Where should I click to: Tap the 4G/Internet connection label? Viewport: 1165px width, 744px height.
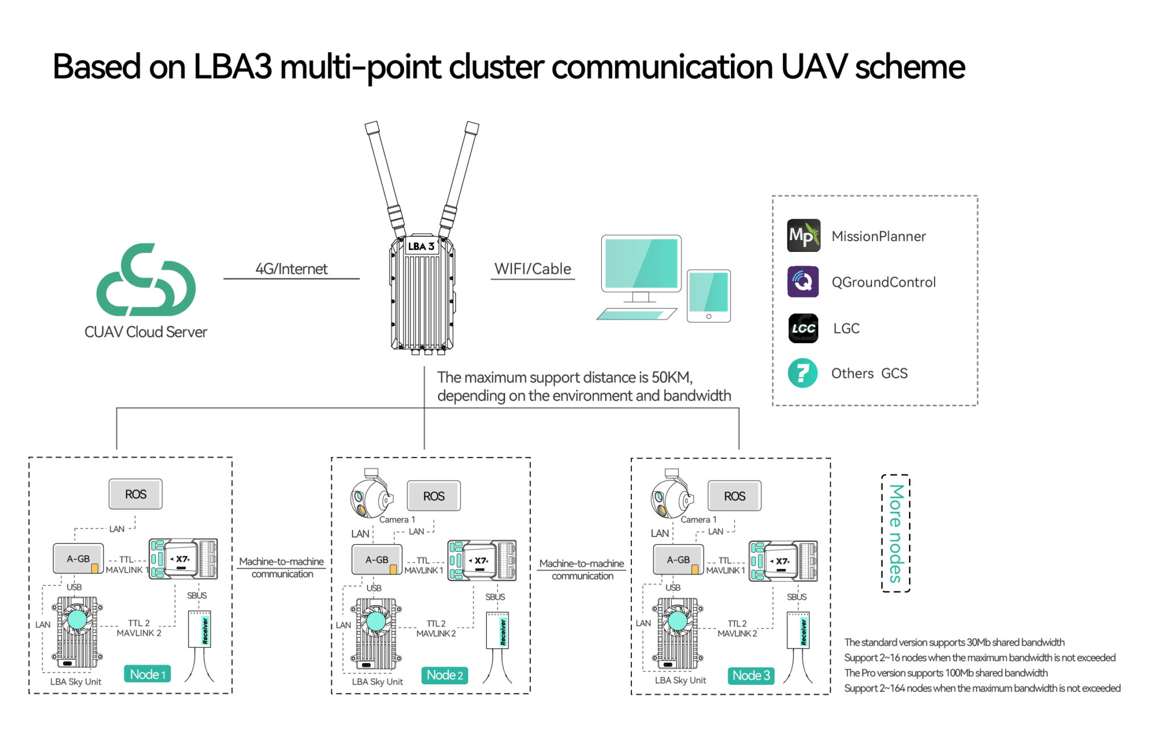[x=291, y=268]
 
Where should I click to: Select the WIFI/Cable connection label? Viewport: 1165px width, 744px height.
[x=532, y=268]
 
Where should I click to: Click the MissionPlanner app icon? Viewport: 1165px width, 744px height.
[x=803, y=235]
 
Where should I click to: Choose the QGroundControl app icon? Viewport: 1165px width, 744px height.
[x=803, y=282]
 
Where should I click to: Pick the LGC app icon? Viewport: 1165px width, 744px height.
[x=803, y=328]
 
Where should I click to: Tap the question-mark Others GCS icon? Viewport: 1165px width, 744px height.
[x=803, y=373]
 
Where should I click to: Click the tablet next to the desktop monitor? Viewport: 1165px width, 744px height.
[x=708, y=296]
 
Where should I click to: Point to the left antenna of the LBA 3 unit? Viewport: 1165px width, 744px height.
[x=386, y=176]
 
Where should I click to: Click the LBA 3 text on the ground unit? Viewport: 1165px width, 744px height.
[x=421, y=246]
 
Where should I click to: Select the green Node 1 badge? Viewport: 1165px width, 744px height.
[x=147, y=675]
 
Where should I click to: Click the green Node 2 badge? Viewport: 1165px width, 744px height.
[x=444, y=675]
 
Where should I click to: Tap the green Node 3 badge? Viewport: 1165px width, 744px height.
[x=751, y=675]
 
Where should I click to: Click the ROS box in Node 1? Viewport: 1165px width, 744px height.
[x=135, y=494]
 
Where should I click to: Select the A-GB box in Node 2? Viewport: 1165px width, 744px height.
[x=377, y=560]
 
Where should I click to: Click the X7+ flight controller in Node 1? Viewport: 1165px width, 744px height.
[x=183, y=559]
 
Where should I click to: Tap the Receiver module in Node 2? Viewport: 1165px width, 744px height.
[x=497, y=630]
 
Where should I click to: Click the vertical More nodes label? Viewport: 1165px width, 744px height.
[x=895, y=534]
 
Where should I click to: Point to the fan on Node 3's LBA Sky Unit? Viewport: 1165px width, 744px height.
[x=677, y=621]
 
